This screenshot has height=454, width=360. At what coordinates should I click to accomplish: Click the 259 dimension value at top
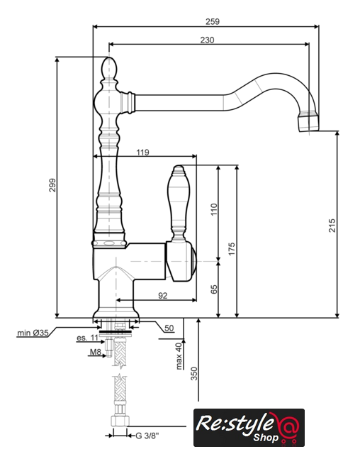(213, 22)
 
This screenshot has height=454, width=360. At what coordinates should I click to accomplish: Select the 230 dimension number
(208, 40)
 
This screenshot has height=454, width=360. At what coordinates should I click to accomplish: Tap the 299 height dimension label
(52, 185)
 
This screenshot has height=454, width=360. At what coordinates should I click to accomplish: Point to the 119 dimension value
(143, 153)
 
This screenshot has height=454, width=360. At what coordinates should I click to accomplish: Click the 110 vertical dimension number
(214, 209)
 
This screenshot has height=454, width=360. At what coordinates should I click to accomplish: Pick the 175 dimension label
(232, 249)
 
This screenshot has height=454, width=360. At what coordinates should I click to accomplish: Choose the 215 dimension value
(332, 226)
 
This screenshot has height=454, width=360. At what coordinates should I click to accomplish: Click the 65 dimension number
(214, 289)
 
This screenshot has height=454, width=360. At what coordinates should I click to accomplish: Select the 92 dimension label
(163, 296)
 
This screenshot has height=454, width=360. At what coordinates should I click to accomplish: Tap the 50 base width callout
(169, 328)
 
